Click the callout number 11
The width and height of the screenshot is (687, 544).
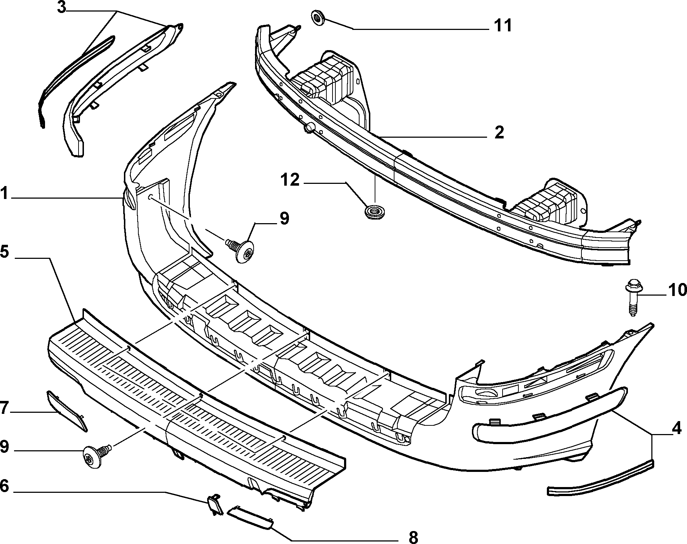[503, 26]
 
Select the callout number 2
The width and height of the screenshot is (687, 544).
[499, 133]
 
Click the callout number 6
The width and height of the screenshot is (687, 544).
[4, 486]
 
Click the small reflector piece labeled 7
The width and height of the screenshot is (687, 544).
[67, 411]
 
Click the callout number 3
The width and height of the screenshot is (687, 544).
[62, 8]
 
